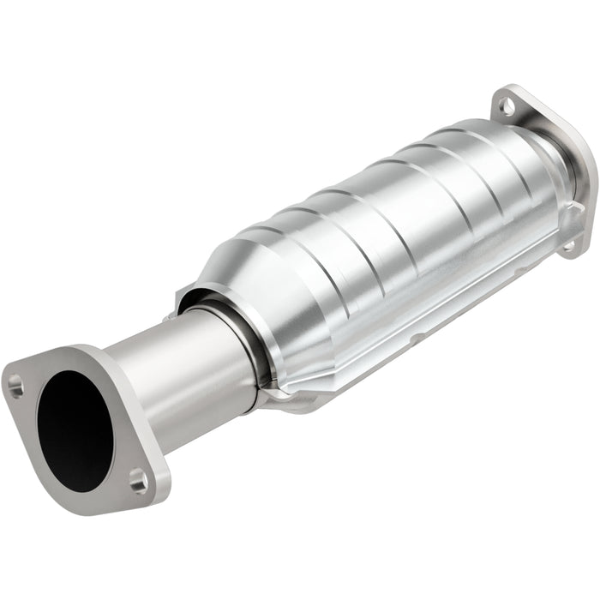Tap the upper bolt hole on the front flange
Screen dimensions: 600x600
(x=15, y=387)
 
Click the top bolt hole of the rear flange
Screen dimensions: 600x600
(x=507, y=107)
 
